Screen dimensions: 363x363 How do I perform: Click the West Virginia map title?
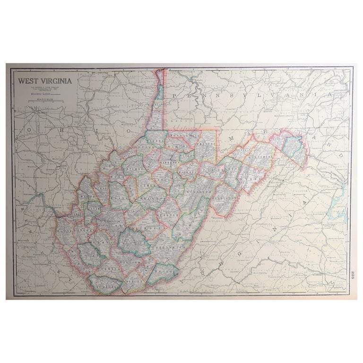pyautogui.click(x=45, y=80)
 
